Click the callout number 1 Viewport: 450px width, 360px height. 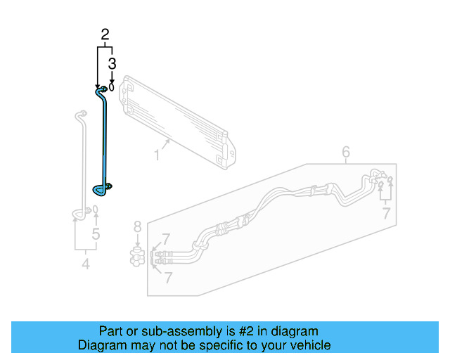(x=157, y=152)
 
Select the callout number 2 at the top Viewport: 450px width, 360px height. (x=105, y=34)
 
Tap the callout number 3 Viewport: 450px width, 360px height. (x=112, y=64)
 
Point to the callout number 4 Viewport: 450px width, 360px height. (x=86, y=264)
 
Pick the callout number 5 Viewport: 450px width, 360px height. (x=96, y=233)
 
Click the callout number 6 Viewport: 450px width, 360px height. (x=346, y=152)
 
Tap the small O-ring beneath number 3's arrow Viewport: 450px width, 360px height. (x=112, y=88)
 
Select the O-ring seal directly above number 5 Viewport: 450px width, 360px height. (x=96, y=210)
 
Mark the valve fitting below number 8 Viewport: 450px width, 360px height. (x=138, y=254)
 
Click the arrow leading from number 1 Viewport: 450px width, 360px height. (x=166, y=144)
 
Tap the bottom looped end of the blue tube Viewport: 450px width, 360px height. (x=101, y=188)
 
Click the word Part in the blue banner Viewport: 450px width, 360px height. (x=111, y=331)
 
